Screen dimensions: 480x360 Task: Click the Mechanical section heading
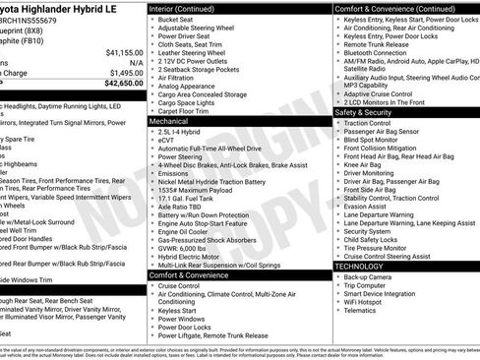click(x=170, y=121)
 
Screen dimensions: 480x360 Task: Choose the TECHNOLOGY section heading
click(x=360, y=266)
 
